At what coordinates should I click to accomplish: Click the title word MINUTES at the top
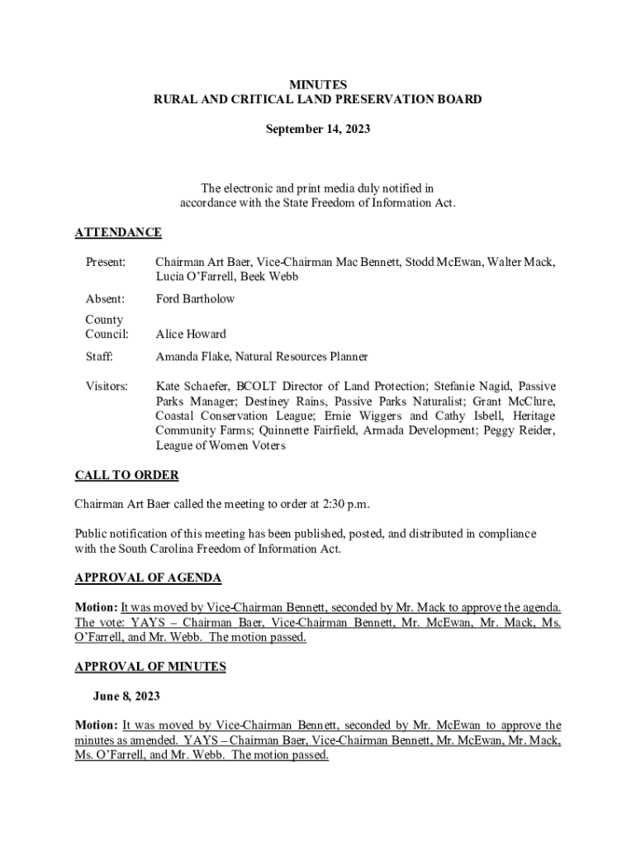[318, 85]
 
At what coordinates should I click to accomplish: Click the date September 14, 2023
[318, 130]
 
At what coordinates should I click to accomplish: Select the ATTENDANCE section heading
[118, 233]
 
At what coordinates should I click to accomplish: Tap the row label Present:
[106, 262]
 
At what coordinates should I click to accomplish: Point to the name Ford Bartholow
[195, 299]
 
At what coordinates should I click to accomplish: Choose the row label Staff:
[99, 357]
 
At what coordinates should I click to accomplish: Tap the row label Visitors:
[107, 386]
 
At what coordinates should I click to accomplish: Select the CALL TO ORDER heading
[126, 476]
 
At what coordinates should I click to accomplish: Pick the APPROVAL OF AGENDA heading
[148, 578]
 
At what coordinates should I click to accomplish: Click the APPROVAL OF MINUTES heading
[150, 667]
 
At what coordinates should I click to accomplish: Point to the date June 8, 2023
[126, 696]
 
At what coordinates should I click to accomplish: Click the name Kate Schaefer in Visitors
[192, 386]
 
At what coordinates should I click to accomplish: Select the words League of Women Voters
[221, 446]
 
